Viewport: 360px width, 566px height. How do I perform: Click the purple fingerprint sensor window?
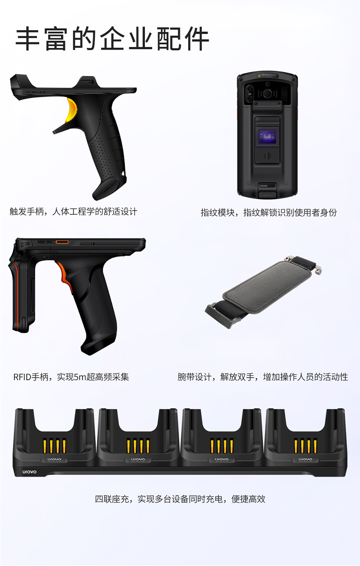click(267, 137)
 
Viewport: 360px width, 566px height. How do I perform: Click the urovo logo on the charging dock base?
click(30, 472)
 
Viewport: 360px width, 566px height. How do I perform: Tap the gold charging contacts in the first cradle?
click(54, 446)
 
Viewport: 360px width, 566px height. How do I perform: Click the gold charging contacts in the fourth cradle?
click(305, 446)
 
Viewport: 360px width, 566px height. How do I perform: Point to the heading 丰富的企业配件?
click(112, 39)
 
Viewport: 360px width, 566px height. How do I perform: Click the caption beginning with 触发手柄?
click(73, 211)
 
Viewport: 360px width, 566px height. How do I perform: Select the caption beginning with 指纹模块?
click(269, 212)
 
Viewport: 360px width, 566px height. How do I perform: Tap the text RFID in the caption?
click(22, 377)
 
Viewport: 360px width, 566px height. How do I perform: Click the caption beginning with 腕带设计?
click(263, 377)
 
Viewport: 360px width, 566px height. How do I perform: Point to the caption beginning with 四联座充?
click(180, 499)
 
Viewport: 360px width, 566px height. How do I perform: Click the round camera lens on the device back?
click(267, 93)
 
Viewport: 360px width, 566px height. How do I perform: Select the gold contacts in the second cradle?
click(138, 446)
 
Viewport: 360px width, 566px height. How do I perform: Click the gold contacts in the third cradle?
click(221, 446)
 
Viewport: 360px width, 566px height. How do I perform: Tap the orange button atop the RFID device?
click(62, 242)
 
